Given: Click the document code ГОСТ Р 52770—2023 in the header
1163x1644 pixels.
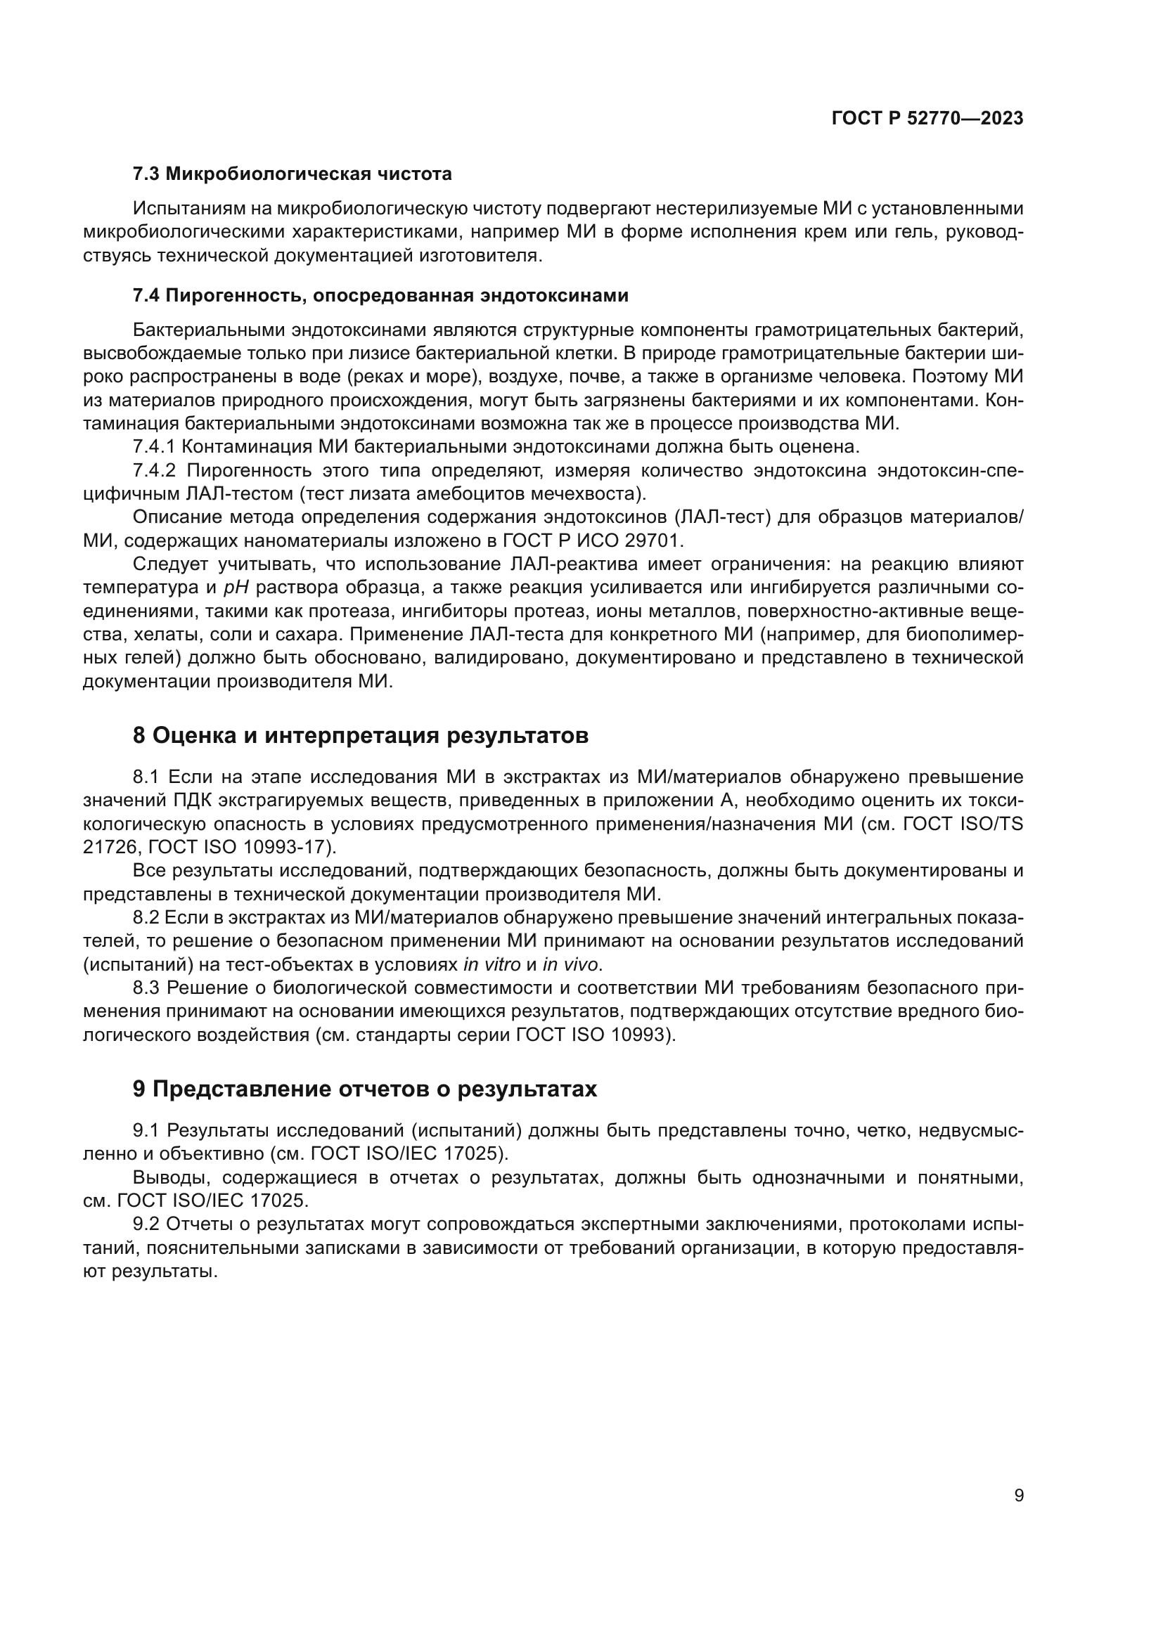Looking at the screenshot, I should pyautogui.click(x=927, y=118).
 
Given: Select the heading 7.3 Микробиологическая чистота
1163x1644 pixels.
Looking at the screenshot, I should pyautogui.click(x=293, y=174).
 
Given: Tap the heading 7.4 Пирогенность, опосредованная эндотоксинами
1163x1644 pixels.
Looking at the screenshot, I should pyautogui.click(x=380, y=296).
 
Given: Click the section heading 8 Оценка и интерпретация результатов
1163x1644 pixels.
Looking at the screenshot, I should pyautogui.click(x=360, y=735).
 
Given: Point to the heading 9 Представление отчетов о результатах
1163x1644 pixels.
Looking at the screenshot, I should pyautogui.click(x=364, y=1089).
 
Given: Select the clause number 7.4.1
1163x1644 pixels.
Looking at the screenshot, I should pyautogui.click(x=154, y=447).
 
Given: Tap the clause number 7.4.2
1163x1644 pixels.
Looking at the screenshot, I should pyautogui.click(x=154, y=470).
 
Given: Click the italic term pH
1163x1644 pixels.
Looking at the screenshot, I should pyautogui.click(x=236, y=588).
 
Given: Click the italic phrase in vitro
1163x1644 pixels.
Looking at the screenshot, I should pyautogui.click(x=492, y=964).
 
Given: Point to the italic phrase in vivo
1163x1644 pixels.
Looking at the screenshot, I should pyautogui.click(x=570, y=964).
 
